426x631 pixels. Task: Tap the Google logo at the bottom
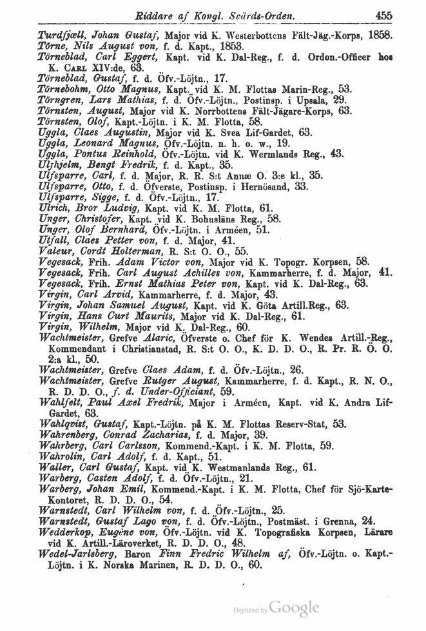[295, 608]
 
